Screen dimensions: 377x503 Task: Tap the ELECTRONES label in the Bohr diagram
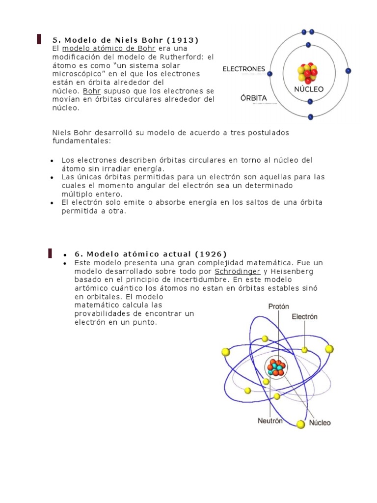pyautogui.click(x=244, y=69)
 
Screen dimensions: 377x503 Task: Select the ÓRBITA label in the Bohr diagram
pyautogui.click(x=254, y=98)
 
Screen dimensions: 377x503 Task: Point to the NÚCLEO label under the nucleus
pyautogui.click(x=309, y=89)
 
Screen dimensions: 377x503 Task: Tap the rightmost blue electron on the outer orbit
pyautogui.click(x=348, y=71)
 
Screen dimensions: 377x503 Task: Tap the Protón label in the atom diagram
pyautogui.click(x=278, y=306)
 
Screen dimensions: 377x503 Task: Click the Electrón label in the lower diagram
pyautogui.click(x=304, y=317)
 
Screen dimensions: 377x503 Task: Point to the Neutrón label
pyautogui.click(x=270, y=421)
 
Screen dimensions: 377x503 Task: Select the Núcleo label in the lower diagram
pyautogui.click(x=320, y=422)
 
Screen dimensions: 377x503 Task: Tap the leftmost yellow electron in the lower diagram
pyautogui.click(x=226, y=352)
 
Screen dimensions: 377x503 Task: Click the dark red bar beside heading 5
pyautogui.click(x=39, y=39)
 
